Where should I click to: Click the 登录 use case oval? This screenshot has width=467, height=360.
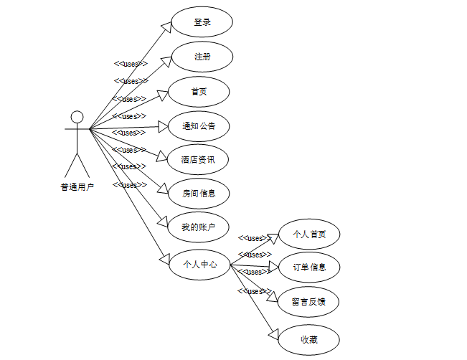202,22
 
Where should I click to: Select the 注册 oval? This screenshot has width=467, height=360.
202,57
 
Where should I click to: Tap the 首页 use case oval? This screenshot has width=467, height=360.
199,91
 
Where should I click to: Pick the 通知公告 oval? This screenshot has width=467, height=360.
199,125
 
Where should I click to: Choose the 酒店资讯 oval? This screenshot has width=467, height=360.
198,159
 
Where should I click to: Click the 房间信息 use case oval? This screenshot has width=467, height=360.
199,193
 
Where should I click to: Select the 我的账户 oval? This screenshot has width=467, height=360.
198,227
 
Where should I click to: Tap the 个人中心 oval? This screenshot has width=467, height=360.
200,265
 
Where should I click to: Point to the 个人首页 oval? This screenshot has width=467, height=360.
309,234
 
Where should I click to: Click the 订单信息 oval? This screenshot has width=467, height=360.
309,267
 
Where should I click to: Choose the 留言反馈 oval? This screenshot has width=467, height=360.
309,302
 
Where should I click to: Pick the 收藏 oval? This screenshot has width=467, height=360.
309,340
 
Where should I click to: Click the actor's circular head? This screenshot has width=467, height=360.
77,117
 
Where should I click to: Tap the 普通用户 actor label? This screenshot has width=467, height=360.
77,187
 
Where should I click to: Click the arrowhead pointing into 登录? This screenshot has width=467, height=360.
166,27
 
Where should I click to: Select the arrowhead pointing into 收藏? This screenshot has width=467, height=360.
273,333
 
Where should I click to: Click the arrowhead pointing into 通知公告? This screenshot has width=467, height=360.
163,126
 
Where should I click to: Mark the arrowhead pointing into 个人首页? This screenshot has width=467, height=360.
273,237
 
